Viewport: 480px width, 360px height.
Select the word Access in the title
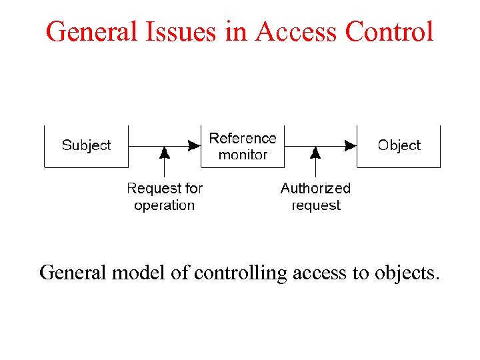click(296, 31)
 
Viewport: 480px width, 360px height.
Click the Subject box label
click(86, 145)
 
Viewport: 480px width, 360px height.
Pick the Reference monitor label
click(243, 147)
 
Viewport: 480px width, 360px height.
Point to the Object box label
click(399, 145)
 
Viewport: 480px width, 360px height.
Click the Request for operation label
click(165, 197)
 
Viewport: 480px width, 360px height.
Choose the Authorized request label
click(315, 197)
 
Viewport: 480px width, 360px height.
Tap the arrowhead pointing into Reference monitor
click(194, 145)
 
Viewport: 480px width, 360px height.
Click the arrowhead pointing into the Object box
click(351, 145)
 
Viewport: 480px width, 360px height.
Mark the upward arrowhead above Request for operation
click(165, 153)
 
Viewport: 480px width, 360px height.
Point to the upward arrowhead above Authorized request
click(316, 153)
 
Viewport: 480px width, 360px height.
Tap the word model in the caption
click(141, 273)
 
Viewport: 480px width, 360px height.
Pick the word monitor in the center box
click(243, 155)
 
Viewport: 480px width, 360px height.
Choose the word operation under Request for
click(165, 205)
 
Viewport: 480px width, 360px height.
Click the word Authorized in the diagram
click(315, 189)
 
